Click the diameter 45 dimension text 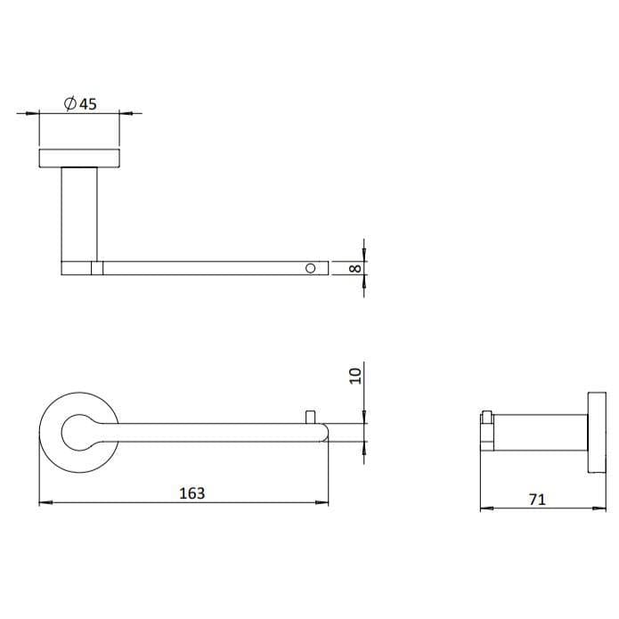(x=80, y=103)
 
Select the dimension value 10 (x=355, y=375)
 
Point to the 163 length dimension (x=191, y=493)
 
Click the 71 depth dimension (x=536, y=500)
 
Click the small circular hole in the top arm (x=311, y=267)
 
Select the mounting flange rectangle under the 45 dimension (x=79, y=159)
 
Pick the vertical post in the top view (x=79, y=214)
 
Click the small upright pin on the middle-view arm (x=311, y=417)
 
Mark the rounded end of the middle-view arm (x=322, y=434)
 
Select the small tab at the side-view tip (x=486, y=417)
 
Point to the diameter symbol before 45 (x=69, y=103)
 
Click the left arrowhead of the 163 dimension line (x=43, y=503)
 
